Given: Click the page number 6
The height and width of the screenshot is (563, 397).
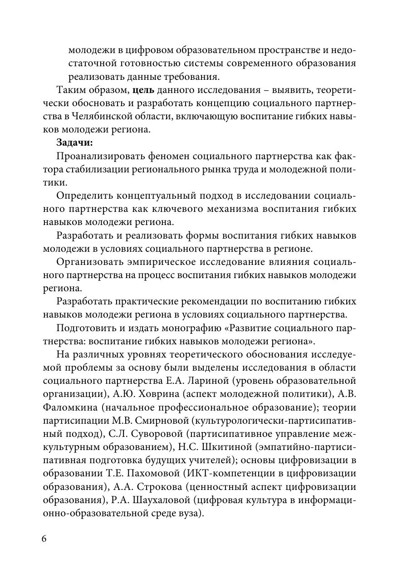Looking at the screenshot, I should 44,539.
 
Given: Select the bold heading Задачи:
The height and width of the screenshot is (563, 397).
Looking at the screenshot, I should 74,142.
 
